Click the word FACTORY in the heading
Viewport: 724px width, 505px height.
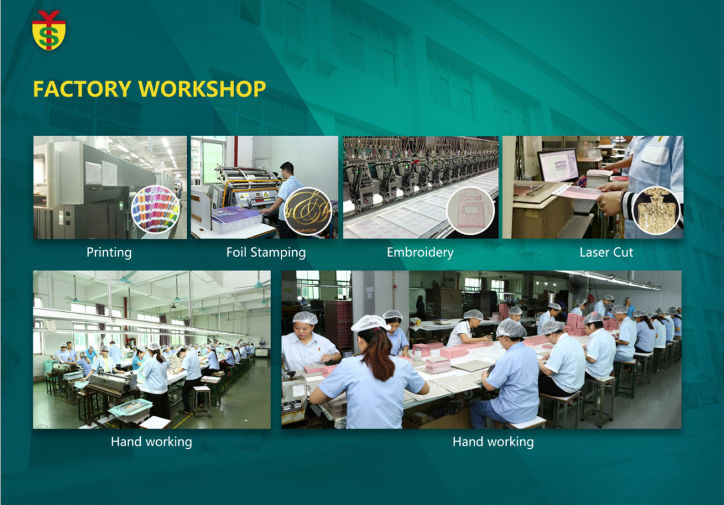(x=82, y=89)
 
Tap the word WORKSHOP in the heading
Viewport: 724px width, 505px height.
(x=202, y=89)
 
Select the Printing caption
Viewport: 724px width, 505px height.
(x=109, y=252)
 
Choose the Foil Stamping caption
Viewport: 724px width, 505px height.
(x=266, y=252)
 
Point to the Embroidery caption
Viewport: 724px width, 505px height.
(x=420, y=252)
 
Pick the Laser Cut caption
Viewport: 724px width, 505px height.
(x=606, y=252)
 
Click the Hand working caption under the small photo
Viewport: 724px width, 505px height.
(x=152, y=442)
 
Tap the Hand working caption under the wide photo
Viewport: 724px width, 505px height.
(x=493, y=442)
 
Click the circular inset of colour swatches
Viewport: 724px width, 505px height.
(x=155, y=209)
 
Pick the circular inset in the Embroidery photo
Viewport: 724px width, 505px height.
(x=471, y=211)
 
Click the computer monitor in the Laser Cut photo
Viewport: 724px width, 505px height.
(x=558, y=165)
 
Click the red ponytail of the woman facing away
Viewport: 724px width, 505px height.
(x=379, y=353)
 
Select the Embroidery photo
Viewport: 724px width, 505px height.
(x=420, y=187)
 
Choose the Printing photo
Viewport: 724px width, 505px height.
(x=110, y=187)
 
